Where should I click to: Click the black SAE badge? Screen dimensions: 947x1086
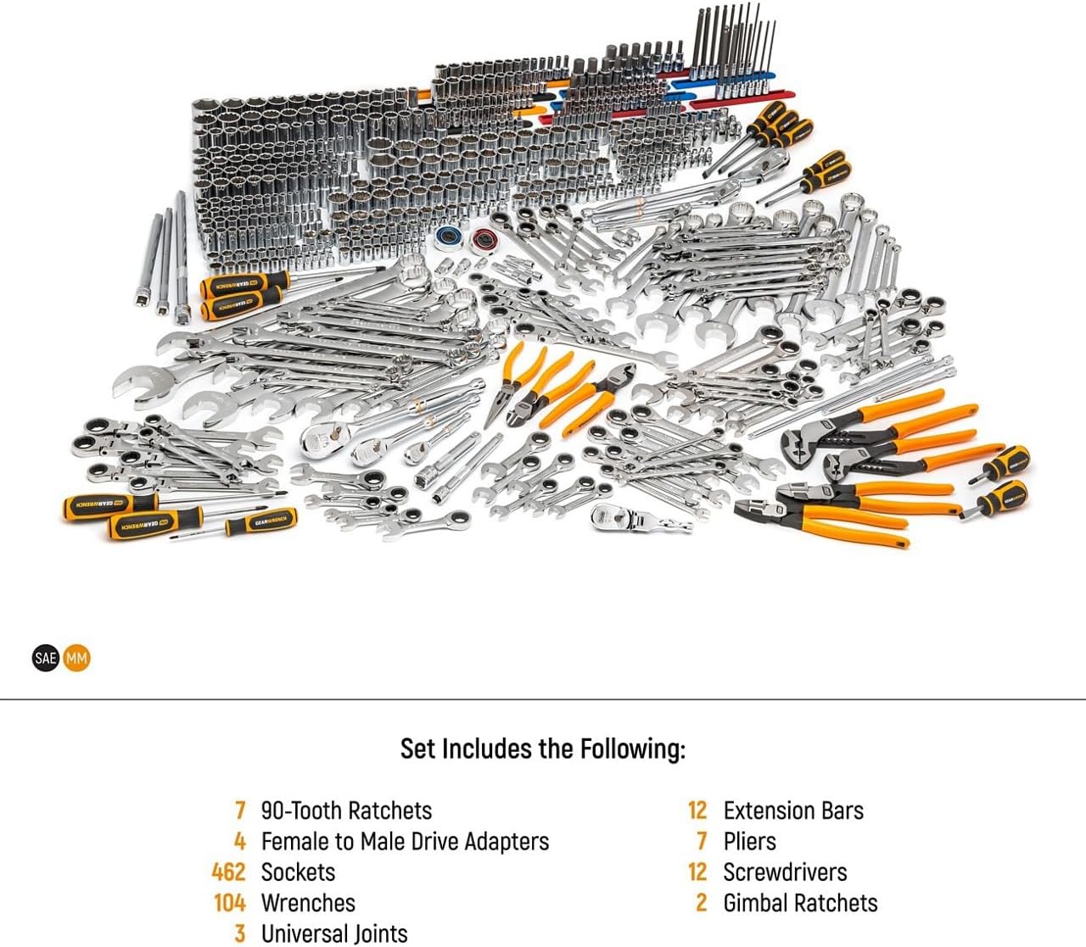[46, 658]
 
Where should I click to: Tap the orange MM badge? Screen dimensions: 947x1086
[76, 658]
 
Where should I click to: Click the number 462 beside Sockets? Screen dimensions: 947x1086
[228, 872]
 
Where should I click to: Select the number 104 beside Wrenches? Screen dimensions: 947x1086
[229, 903]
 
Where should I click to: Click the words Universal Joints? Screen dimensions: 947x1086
[334, 933]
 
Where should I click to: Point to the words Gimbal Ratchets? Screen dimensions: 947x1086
[800, 903]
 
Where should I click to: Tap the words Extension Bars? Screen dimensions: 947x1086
[793, 811]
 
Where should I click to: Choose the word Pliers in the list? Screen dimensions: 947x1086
[749, 841]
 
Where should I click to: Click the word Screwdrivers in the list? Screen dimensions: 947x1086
[785, 872]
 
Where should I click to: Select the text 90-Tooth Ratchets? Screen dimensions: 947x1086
[346, 811]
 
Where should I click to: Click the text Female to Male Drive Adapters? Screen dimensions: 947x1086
[405, 841]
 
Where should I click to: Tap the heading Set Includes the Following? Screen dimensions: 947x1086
[542, 749]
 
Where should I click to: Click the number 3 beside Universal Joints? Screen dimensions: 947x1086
[240, 933]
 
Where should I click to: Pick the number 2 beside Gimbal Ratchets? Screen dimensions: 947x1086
[701, 903]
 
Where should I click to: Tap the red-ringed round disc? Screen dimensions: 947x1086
[484, 240]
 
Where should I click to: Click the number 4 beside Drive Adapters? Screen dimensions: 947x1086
[240, 841]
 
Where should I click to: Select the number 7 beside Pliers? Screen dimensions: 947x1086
[701, 841]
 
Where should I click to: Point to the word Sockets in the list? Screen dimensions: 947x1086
[298, 872]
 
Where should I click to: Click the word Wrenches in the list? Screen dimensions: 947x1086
[308, 903]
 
